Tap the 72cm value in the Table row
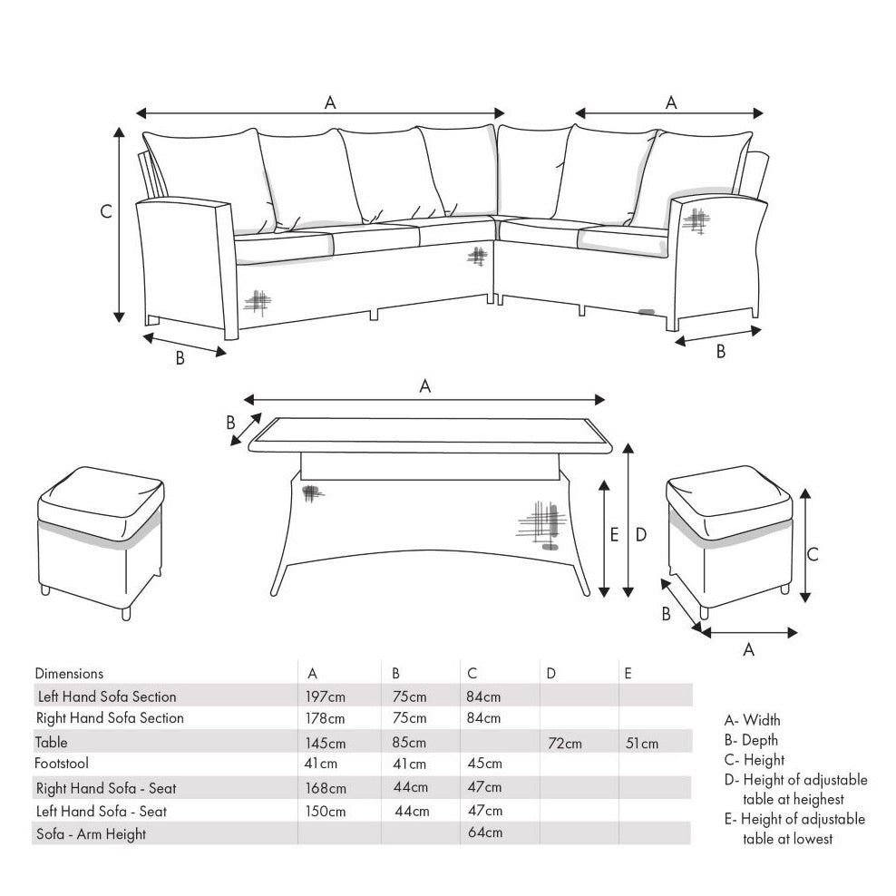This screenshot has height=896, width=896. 565,744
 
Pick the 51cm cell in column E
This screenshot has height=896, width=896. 642,744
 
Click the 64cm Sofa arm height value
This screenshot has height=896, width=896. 484,833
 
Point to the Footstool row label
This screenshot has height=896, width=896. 62,764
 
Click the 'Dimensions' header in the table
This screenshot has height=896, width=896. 69,674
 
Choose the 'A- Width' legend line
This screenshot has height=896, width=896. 752,721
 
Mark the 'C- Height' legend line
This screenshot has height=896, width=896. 755,760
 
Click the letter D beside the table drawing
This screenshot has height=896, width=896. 640,535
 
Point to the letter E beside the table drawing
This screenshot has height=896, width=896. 614,535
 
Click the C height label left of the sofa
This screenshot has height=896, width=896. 106,212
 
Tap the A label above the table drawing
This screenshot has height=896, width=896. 424,385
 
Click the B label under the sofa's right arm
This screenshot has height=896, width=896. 721,352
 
